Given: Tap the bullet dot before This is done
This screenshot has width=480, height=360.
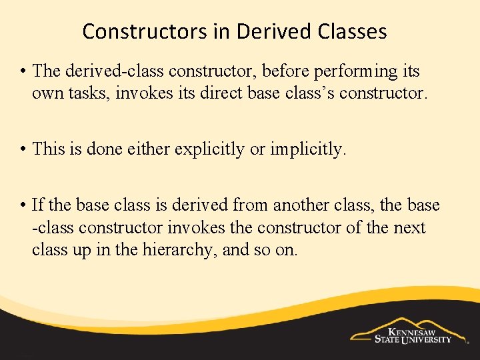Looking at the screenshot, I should click(24, 149).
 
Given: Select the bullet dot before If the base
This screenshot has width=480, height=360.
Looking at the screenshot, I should click(24, 205).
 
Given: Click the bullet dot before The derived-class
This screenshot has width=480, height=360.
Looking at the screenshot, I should click(24, 71).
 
